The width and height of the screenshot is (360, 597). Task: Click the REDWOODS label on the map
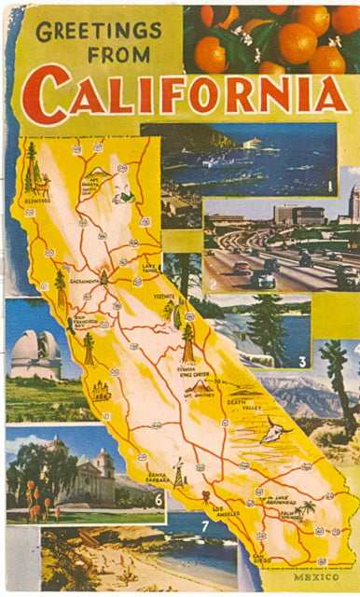38,198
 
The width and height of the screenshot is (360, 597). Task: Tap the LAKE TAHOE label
150,270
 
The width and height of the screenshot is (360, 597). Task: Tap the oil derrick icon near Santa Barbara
177,473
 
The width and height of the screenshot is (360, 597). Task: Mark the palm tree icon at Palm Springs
307,507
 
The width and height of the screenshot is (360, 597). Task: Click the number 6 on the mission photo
158,499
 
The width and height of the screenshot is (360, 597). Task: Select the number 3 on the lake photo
302,361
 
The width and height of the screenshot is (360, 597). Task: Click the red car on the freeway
242,269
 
